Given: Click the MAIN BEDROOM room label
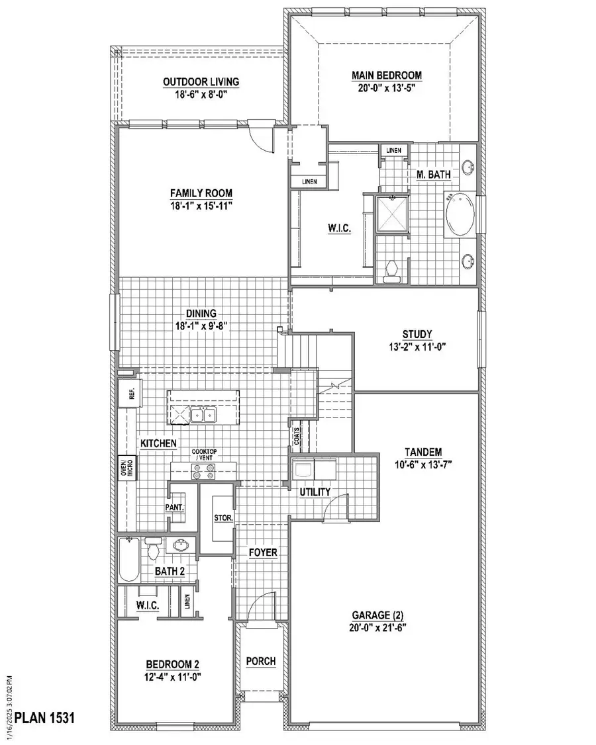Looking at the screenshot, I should (x=387, y=75).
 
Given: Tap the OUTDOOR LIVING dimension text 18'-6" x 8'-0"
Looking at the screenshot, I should (x=201, y=94).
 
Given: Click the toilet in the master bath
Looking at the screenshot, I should (x=391, y=271).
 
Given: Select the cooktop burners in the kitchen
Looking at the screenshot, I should (x=204, y=471).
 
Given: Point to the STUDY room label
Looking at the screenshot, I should (x=417, y=333).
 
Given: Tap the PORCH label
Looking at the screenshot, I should (x=260, y=661).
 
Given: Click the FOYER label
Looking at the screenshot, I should (x=263, y=552).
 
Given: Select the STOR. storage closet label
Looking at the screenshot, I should (x=222, y=517).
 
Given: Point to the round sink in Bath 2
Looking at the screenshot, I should (x=179, y=546).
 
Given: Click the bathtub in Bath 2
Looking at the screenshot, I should (x=128, y=559).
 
